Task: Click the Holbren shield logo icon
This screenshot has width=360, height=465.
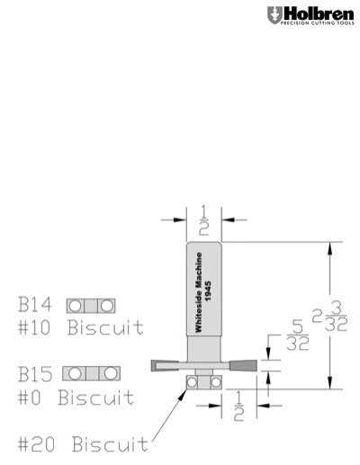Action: pyautogui.click(x=274, y=15)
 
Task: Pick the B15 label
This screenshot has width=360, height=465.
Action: pyautogui.click(x=36, y=372)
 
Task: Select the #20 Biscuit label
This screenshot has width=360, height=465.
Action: pyautogui.click(x=84, y=444)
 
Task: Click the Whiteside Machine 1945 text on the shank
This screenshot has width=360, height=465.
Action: pyautogui.click(x=203, y=291)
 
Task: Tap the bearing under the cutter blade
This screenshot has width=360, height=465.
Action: pyautogui.click(x=203, y=382)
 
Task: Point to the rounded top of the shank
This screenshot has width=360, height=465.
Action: pyautogui.click(x=203, y=244)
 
